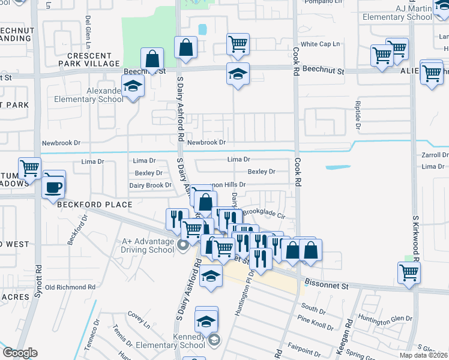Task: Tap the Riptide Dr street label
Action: [358, 115]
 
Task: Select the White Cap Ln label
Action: [320, 44]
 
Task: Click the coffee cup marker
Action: [52, 187]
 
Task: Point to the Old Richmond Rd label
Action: [70, 287]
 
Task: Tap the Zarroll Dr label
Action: [435, 155]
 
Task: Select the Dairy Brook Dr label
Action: [150, 185]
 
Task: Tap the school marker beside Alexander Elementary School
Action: [133, 88]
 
